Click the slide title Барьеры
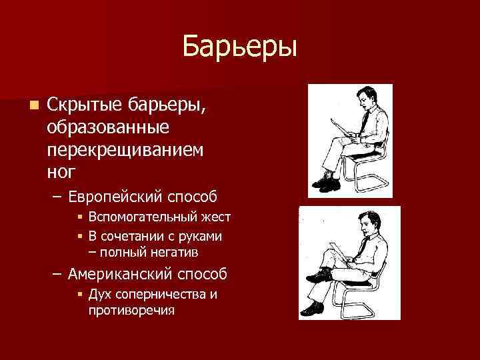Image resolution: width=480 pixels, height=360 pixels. (239, 47)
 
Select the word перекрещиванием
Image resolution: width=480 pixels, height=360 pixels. (125, 149)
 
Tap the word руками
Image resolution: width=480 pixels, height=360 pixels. (202, 237)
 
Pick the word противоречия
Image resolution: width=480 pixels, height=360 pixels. (131, 310)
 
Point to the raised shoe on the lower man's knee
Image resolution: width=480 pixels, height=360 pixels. (319, 275)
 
